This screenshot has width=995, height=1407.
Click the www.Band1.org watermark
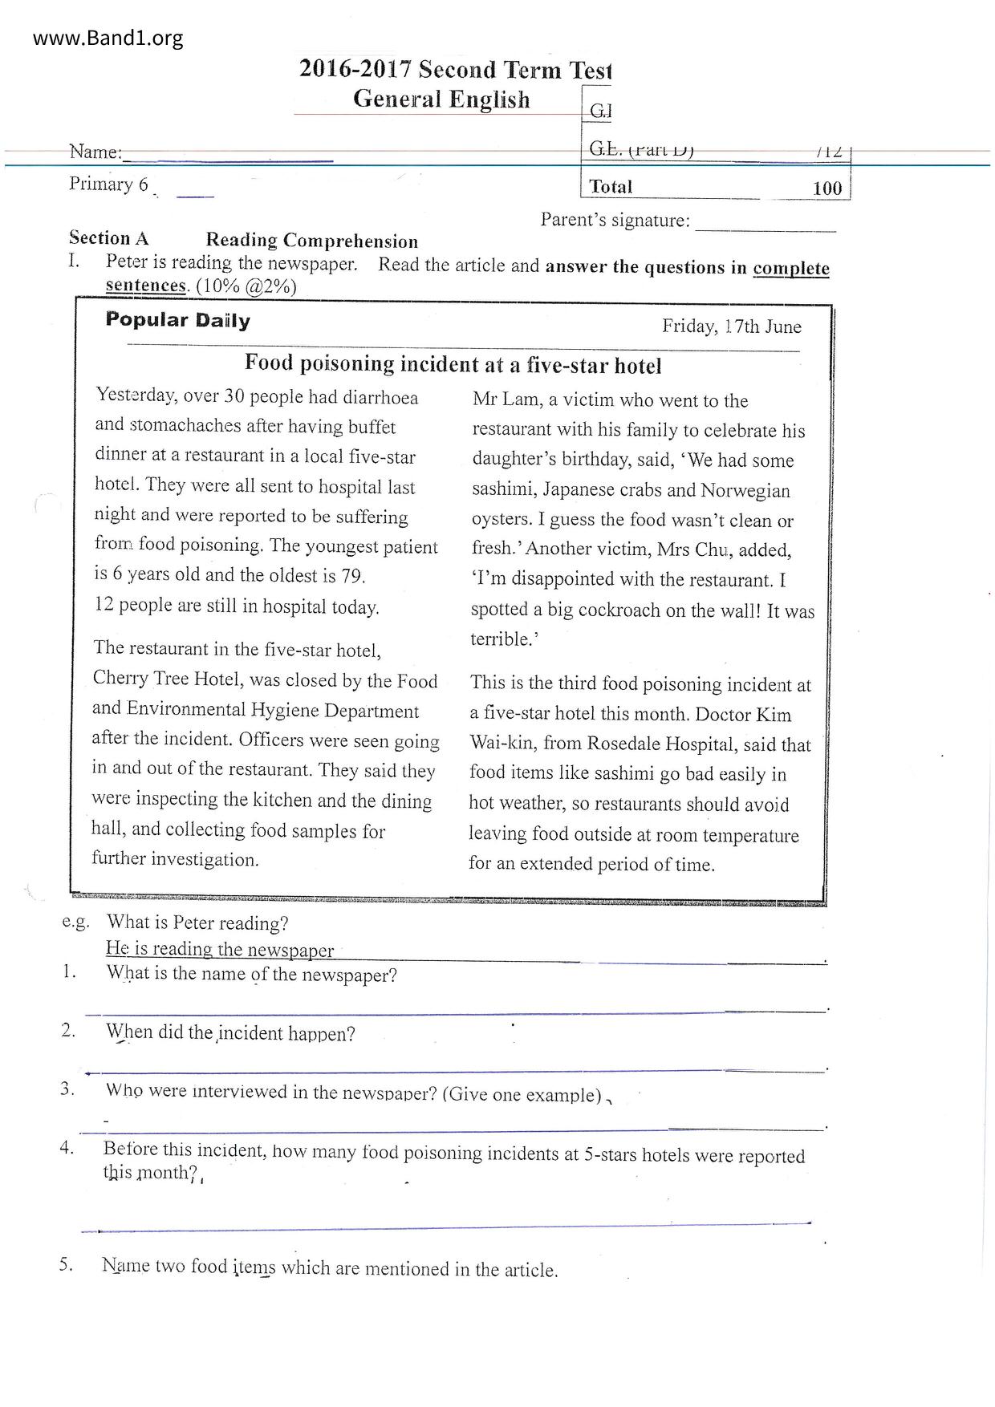tap(108, 38)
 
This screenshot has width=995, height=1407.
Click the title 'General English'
tap(441, 99)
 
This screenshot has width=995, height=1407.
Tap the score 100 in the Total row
tap(826, 189)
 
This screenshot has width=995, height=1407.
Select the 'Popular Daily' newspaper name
tap(178, 320)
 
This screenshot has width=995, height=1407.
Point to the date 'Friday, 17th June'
tap(731, 326)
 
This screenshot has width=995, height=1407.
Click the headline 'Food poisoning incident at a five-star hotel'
tap(453, 365)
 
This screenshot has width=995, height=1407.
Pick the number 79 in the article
tap(351, 576)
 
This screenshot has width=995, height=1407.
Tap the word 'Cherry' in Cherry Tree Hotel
tap(120, 679)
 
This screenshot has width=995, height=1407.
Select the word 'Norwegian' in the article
tap(745, 490)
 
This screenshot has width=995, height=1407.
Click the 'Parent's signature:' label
tap(615, 220)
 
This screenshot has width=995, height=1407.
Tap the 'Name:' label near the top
tap(95, 152)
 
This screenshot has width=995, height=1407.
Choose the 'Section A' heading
tap(109, 238)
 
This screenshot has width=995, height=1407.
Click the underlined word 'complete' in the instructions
tap(790, 268)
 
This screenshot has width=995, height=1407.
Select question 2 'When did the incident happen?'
tap(230, 1033)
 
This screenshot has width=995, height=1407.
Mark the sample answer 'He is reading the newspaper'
tap(220, 950)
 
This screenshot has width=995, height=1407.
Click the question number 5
tap(67, 1265)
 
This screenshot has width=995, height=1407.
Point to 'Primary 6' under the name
tap(108, 184)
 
